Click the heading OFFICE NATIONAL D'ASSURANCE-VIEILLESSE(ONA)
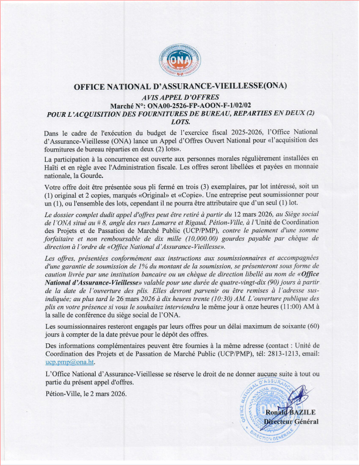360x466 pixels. pyautogui.click(x=180, y=86)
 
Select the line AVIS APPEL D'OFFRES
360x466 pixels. pyautogui.click(x=180, y=96)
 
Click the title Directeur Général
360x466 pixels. pyautogui.click(x=291, y=421)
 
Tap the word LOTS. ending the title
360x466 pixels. pyautogui.click(x=180, y=121)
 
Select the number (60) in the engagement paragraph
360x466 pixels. pyautogui.click(x=313, y=326)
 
